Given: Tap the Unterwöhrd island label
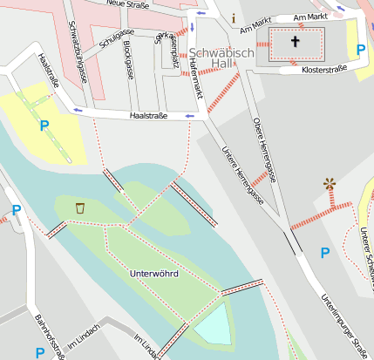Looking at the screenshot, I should [x=153, y=275].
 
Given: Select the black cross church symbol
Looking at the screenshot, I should [x=295, y=42].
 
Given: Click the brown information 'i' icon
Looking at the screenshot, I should [x=234, y=17].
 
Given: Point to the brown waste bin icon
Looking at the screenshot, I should [x=80, y=208].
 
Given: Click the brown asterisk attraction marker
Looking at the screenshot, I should [x=330, y=183].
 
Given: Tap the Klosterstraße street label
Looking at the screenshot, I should [x=324, y=69].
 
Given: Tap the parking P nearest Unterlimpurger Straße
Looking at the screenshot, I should [x=325, y=253].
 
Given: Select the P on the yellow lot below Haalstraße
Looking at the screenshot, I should [x=44, y=126].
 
